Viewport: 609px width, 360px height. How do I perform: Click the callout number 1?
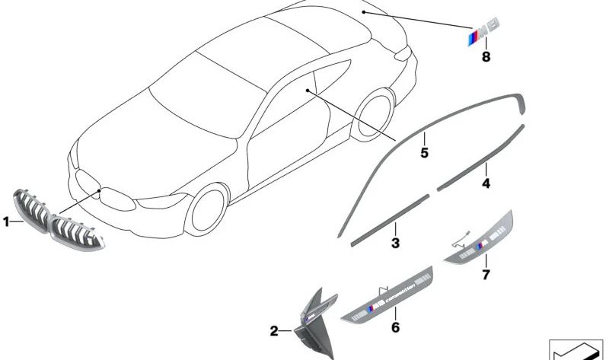coord(6,222)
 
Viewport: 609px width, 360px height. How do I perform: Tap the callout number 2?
coord(275,331)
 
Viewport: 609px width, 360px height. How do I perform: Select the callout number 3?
coord(395,244)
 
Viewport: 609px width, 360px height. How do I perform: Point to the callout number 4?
coord(486,183)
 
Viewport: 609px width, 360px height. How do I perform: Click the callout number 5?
coord(424,153)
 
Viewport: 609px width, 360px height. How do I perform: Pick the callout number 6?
coord(395,327)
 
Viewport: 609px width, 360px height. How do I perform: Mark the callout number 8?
coord(484,56)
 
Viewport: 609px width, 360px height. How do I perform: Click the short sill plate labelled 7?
coord(479,237)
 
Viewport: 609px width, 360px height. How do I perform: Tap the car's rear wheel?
coord(378,114)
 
